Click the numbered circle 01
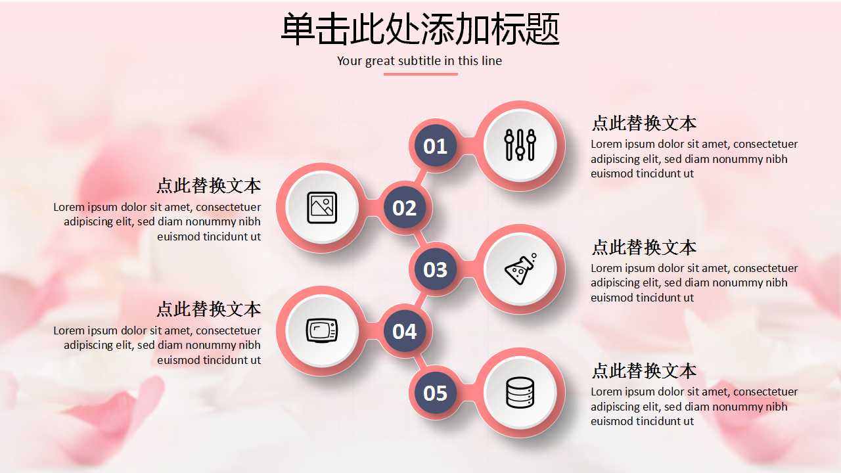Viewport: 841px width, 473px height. pyautogui.click(x=435, y=146)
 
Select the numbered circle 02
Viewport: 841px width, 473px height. pyautogui.click(x=404, y=208)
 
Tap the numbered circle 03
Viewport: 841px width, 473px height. pyautogui.click(x=435, y=269)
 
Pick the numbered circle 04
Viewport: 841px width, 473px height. pyautogui.click(x=404, y=332)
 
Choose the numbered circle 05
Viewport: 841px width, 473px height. pyautogui.click(x=435, y=393)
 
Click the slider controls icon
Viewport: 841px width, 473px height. pyautogui.click(x=520, y=145)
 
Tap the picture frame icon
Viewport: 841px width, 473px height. pyautogui.click(x=322, y=208)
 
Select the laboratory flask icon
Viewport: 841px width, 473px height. pyautogui.click(x=520, y=269)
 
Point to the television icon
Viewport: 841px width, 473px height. pyautogui.click(x=322, y=330)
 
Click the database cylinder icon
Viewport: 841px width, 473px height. pyautogui.click(x=520, y=393)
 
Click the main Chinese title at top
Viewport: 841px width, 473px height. pyautogui.click(x=420, y=30)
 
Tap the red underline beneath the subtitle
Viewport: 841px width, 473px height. pyautogui.click(x=420, y=74)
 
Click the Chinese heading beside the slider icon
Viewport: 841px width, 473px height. pyautogui.click(x=643, y=124)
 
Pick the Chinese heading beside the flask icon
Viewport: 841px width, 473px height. pyautogui.click(x=643, y=248)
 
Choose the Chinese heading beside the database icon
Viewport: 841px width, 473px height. pyautogui.click(x=643, y=371)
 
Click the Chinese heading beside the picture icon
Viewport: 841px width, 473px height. pyautogui.click(x=208, y=186)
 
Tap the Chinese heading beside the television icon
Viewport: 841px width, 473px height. pyautogui.click(x=208, y=309)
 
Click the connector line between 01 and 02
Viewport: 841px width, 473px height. pyautogui.click(x=420, y=176)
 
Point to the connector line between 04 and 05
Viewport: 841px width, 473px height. pyautogui.click(x=420, y=362)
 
